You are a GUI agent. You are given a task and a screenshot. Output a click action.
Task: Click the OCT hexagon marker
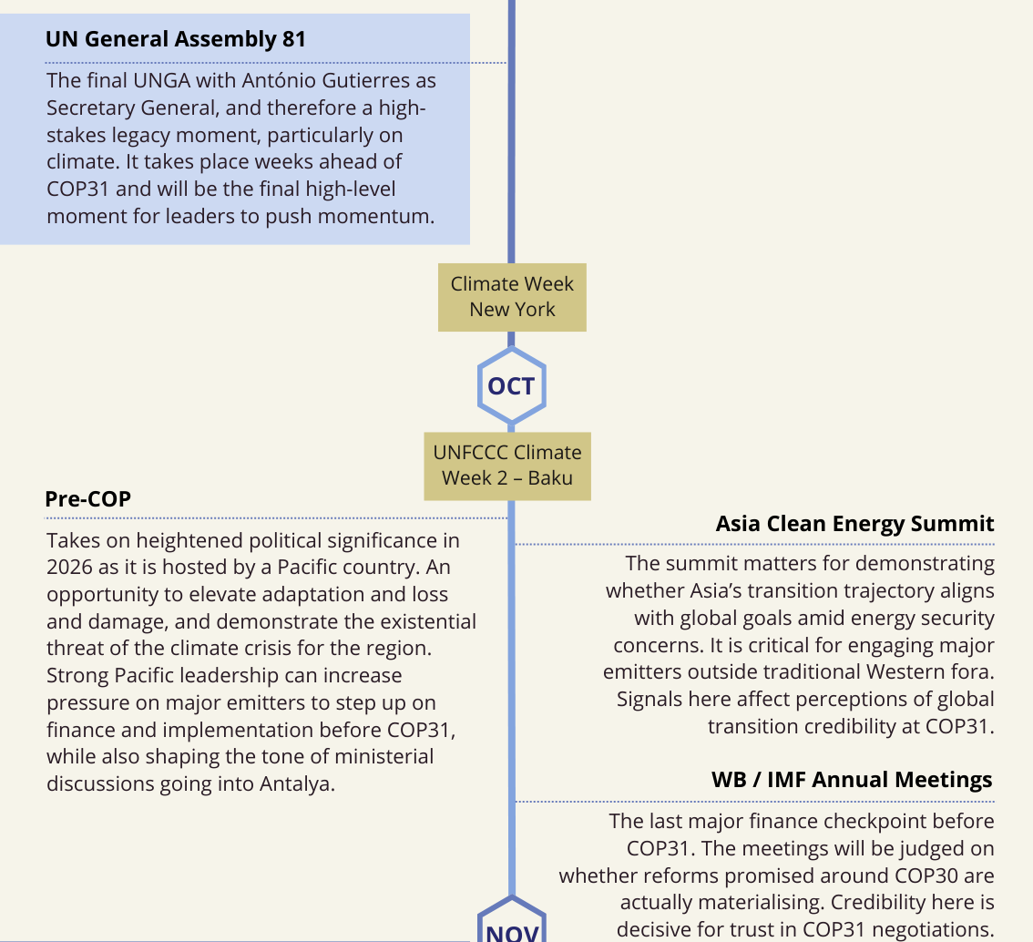pyautogui.click(x=511, y=386)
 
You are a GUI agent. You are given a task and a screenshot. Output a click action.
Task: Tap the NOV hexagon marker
pyautogui.click(x=511, y=927)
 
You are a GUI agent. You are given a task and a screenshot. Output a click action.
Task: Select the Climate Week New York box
pyautogui.click(x=512, y=297)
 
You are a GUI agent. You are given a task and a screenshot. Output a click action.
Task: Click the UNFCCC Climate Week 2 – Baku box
pyautogui.click(x=507, y=466)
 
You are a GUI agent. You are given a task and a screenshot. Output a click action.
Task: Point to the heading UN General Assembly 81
pyautogui.click(x=175, y=39)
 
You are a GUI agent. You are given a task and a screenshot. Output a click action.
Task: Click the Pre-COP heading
pyautogui.click(x=87, y=499)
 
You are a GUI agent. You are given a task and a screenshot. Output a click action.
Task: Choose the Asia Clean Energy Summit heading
pyautogui.click(x=854, y=524)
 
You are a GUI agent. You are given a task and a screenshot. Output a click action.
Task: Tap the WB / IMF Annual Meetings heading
pyautogui.click(x=851, y=781)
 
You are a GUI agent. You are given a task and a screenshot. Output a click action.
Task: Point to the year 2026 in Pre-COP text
pyautogui.click(x=71, y=568)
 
